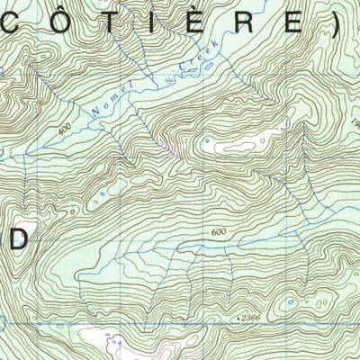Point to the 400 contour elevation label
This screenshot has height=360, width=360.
pos(62,129)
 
